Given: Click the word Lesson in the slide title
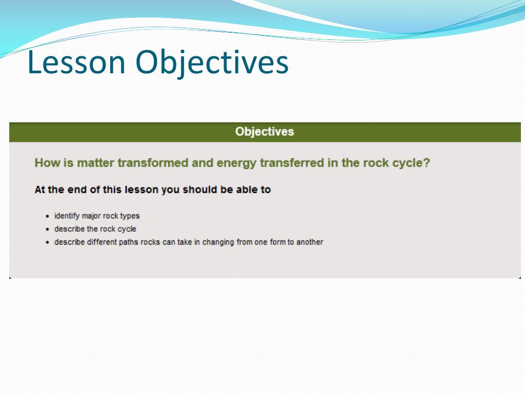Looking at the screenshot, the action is point(76,62).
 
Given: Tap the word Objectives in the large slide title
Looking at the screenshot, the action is point(212,64).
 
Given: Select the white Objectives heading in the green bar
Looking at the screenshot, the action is point(265,132).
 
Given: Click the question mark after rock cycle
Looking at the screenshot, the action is point(426,163).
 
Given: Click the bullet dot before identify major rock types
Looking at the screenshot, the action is point(48,216).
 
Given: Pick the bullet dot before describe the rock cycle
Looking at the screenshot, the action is point(48,229).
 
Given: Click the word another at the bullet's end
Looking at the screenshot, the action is point(310,242).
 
